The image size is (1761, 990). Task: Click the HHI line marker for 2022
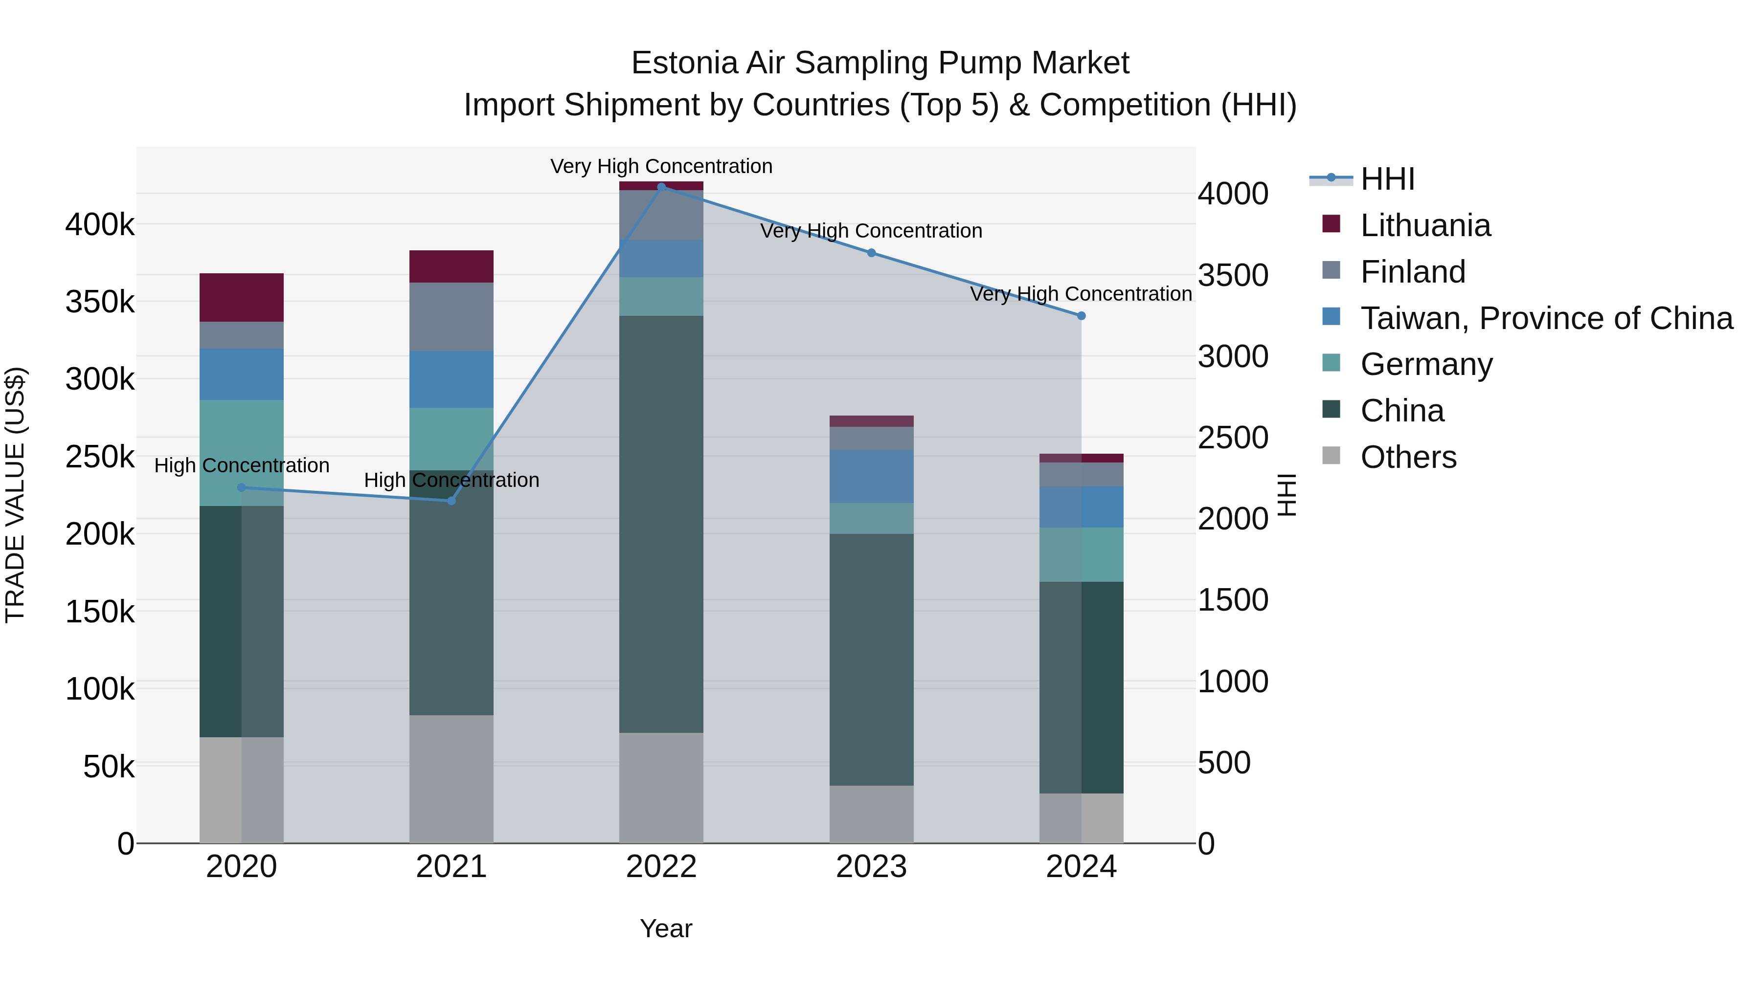[661, 187]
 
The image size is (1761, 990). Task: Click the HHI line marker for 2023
[871, 253]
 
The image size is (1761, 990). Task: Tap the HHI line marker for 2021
[451, 501]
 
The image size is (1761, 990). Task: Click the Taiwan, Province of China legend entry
[1546, 318]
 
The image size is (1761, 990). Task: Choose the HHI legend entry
[1387, 179]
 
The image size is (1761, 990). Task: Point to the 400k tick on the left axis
[100, 224]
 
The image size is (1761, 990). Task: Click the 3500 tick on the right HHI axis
[1233, 275]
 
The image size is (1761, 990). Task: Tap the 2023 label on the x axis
[871, 867]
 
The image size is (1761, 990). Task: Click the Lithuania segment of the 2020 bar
[241, 297]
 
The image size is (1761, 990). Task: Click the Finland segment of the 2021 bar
[451, 316]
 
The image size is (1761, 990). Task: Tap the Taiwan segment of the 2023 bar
[871, 476]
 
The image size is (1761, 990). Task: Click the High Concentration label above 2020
[241, 465]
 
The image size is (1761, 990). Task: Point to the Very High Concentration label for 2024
[1080, 294]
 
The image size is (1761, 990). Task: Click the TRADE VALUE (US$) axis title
[15, 495]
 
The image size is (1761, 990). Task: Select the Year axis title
[666, 928]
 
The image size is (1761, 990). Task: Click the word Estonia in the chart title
[684, 63]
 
